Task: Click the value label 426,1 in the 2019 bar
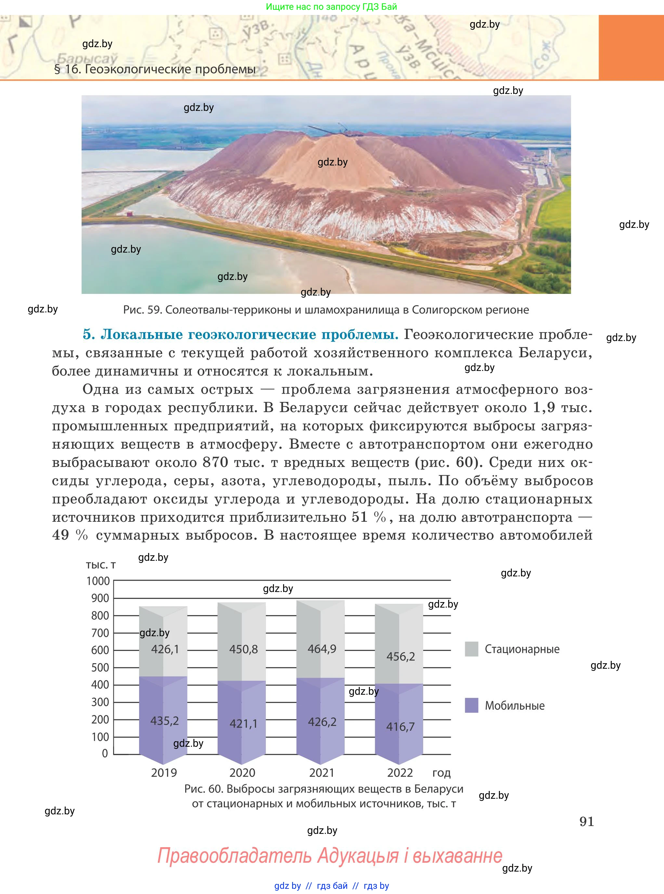[165, 649]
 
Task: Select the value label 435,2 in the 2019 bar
[164, 721]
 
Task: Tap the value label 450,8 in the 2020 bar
[243, 649]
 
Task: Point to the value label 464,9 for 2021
[322, 649]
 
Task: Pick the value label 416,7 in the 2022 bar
[400, 727]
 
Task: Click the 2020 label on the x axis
[242, 773]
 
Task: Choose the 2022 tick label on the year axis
[400, 773]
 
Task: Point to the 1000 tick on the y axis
[98, 581]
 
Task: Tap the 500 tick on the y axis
[100, 668]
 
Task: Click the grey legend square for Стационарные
[472, 649]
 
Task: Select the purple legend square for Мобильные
[472, 705]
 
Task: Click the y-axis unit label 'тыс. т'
[101, 565]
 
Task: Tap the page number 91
[586, 821]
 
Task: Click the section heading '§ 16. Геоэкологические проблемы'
[155, 69]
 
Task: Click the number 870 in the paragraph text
[215, 462]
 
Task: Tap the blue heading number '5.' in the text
[88, 335]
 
